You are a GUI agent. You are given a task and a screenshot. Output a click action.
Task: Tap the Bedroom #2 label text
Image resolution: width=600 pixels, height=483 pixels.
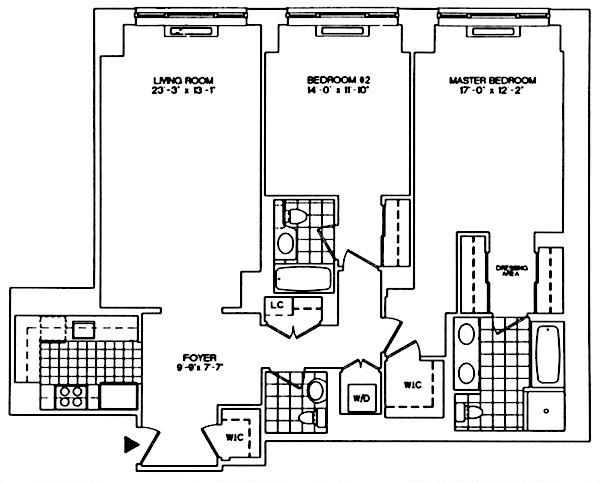[324, 80]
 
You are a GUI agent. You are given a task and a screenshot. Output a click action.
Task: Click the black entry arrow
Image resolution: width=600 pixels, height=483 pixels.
[129, 442]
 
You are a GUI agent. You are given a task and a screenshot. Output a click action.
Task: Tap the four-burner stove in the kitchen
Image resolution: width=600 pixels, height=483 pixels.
[70, 396]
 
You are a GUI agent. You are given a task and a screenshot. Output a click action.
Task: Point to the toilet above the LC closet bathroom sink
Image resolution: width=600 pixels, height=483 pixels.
[297, 215]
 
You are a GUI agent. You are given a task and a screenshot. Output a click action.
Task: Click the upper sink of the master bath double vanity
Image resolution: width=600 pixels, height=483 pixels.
[467, 335]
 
